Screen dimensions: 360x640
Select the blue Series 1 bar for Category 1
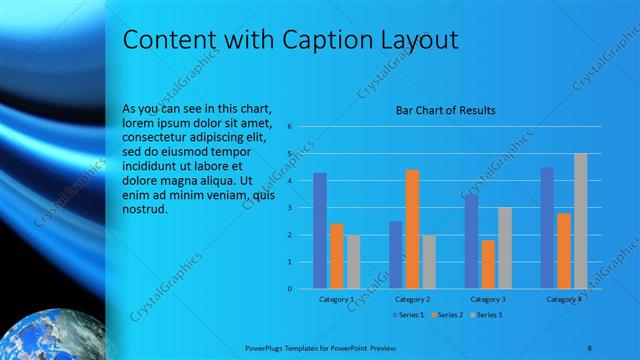320,230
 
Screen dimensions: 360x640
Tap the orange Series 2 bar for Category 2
412,229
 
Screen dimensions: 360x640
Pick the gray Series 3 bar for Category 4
581,221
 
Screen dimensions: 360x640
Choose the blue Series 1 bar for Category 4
547,227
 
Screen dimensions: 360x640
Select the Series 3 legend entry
486,315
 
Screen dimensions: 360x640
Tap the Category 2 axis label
412,299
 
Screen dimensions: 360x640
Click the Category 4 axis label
564,299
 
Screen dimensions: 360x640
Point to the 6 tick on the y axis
288,127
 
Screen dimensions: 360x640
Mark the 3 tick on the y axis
288,208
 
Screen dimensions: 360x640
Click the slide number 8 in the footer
590,346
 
